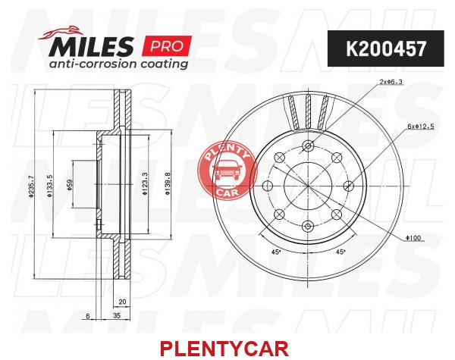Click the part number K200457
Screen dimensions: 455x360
point(386,49)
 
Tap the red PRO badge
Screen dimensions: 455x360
point(167,45)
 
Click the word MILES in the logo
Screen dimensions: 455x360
point(92,46)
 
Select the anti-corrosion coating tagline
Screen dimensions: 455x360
point(118,64)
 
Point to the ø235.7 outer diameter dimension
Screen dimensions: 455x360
point(32,186)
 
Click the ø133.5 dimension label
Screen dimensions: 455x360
point(49,186)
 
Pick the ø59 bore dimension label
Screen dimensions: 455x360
point(70,185)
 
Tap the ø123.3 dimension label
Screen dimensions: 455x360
point(145,183)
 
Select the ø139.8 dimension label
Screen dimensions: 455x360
point(168,183)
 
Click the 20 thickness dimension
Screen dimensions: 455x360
point(122,302)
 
